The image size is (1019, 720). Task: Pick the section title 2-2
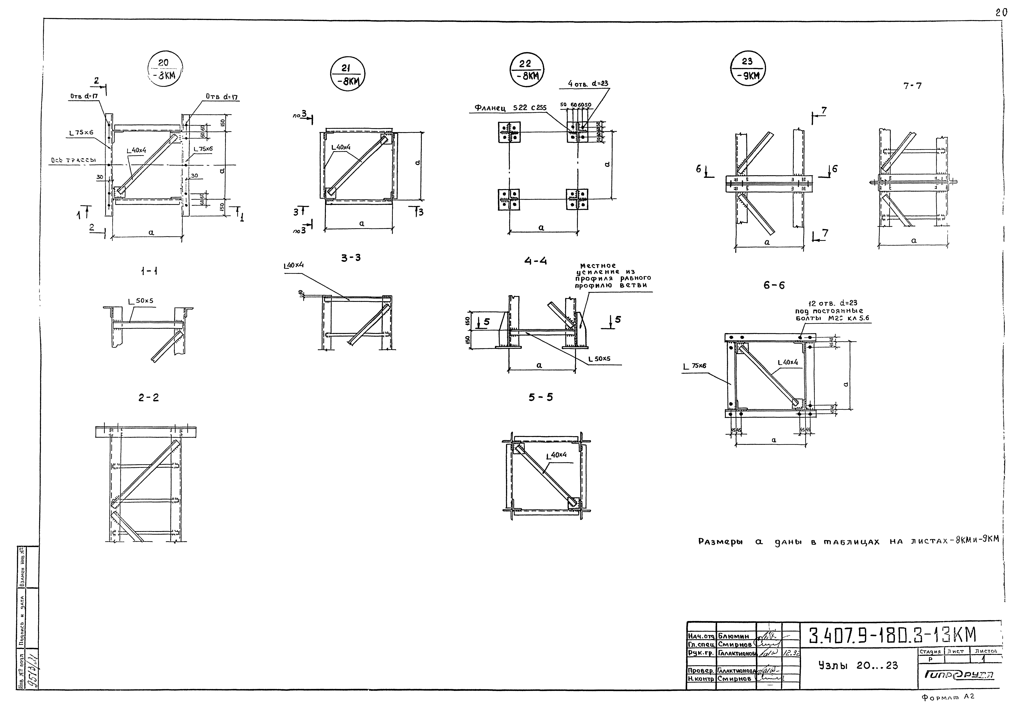click(148, 398)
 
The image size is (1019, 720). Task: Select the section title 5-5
click(541, 397)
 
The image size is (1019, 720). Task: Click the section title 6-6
click(774, 285)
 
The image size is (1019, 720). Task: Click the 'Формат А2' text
click(948, 709)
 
